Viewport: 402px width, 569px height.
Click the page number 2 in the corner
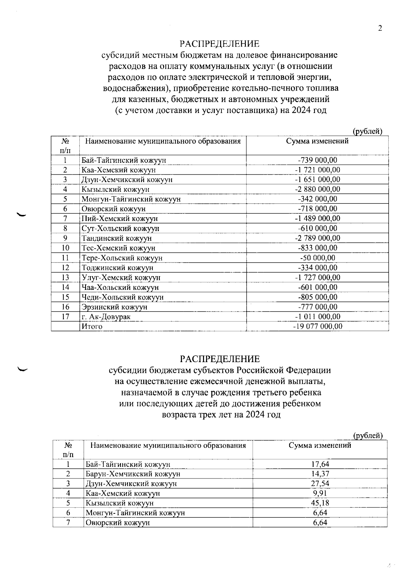[380, 28]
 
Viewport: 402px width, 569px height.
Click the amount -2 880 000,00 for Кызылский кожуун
[317, 189]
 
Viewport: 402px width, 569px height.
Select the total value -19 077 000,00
[317, 326]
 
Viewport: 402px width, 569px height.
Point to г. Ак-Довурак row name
[106, 317]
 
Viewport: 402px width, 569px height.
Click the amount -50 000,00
[317, 258]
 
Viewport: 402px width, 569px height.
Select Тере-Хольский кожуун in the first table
[122, 258]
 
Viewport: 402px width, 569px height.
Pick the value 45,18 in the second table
[320, 503]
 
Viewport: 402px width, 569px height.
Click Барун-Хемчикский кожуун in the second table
[133, 474]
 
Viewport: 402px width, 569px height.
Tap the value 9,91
[320, 493]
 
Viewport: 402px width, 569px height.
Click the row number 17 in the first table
[65, 317]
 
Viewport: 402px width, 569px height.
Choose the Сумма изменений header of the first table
[317, 141]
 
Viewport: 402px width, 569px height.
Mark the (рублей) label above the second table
[368, 436]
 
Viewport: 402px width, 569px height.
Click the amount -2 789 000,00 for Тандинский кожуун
[317, 238]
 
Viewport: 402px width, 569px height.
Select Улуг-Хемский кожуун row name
[121, 277]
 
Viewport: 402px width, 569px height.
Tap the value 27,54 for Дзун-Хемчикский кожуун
[320, 483]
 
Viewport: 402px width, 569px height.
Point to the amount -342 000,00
[317, 199]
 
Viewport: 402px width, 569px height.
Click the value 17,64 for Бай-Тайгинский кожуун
[320, 464]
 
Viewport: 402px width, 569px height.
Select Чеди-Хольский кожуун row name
[123, 297]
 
